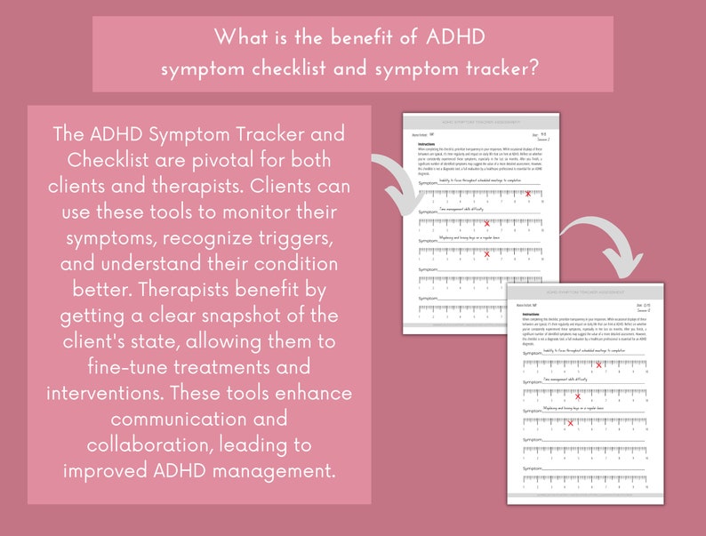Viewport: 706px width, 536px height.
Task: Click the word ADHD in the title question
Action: (457, 38)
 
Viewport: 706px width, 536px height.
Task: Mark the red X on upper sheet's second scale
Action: (486, 223)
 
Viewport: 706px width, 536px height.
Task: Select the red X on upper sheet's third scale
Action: (487, 253)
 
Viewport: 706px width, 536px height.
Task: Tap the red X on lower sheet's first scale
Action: (599, 364)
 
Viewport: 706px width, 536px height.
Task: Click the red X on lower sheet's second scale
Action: (578, 396)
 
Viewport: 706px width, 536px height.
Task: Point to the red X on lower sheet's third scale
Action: (570, 422)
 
